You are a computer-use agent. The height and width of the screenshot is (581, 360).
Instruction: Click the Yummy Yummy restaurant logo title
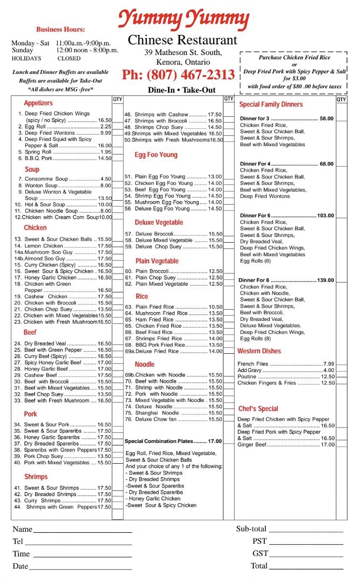coord(184,19)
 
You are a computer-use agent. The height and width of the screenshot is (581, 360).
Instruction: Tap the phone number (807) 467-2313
coord(178,75)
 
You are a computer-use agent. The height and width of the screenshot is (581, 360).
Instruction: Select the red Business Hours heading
coord(60,29)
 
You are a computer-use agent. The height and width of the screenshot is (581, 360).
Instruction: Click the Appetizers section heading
coord(39,103)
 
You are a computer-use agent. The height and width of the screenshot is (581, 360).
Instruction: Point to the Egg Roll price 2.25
coord(106,126)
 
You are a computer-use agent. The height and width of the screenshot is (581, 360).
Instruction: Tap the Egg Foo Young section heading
coord(156,155)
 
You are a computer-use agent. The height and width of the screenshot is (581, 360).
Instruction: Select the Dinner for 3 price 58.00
coord(326,119)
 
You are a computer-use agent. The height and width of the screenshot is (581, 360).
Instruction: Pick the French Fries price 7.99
coord(329,364)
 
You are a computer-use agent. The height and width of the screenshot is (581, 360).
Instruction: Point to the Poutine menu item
coord(247,376)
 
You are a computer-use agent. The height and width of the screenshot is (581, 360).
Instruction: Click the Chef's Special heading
coord(258,409)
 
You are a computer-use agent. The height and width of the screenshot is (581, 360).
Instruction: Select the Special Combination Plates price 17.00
coord(215,441)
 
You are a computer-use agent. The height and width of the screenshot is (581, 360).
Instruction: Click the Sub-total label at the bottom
coord(251,529)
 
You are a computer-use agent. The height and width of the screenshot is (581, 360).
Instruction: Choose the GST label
coord(260,553)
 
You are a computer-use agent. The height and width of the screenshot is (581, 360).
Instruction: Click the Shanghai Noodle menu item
coord(151,413)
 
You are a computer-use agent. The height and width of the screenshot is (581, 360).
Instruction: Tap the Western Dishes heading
coord(259,351)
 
